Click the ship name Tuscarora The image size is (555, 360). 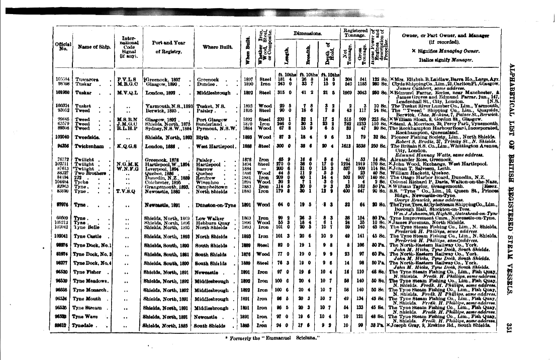(87, 79)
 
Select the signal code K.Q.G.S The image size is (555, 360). (126, 146)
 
